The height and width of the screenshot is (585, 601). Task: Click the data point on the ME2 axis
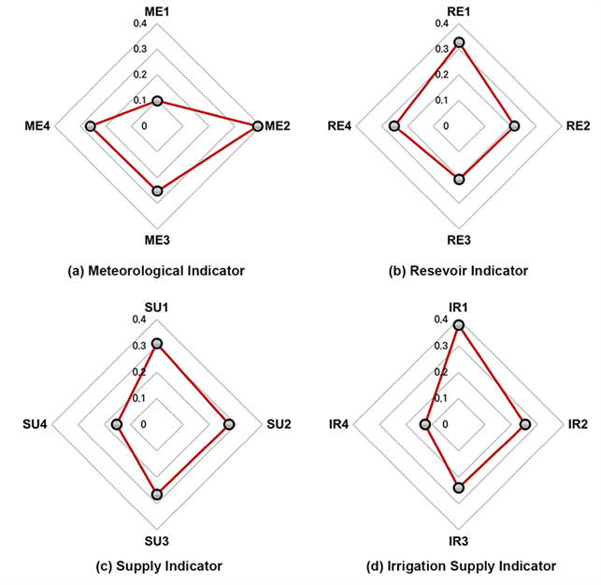click(258, 126)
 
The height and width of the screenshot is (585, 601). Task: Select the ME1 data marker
click(158, 101)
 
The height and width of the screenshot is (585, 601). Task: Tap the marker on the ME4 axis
click(90, 126)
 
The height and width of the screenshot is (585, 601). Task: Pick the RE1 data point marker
click(459, 42)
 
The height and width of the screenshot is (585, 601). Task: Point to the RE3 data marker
click(459, 179)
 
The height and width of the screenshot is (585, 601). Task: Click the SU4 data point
click(117, 424)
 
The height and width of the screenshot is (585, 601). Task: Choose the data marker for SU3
click(157, 494)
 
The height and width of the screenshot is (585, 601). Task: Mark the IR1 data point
click(459, 325)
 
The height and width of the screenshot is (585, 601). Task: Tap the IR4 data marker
click(425, 424)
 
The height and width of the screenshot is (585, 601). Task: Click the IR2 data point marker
click(525, 424)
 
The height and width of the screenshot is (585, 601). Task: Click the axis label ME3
click(157, 240)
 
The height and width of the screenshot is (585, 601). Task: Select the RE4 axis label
click(339, 125)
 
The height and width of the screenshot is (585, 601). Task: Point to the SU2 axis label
click(279, 424)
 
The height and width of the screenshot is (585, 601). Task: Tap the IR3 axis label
click(458, 541)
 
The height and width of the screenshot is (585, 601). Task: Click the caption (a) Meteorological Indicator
click(156, 271)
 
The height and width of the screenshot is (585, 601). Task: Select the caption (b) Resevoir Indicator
click(458, 271)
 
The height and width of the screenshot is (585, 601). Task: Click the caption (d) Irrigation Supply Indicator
click(461, 566)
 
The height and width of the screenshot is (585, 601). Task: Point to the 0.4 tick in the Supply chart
click(139, 320)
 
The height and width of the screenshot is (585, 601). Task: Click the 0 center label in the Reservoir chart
click(446, 125)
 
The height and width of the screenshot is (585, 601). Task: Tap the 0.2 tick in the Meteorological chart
click(140, 75)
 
